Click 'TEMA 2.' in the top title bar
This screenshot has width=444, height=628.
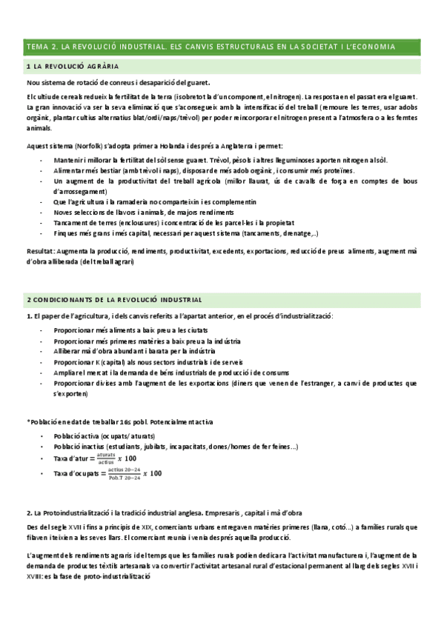click(42, 47)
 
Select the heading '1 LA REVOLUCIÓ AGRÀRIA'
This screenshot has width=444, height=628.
click(71, 67)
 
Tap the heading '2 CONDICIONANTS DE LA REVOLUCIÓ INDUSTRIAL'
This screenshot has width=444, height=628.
click(113, 300)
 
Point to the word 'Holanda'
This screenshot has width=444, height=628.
click(167, 146)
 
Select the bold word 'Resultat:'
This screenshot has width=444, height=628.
click(39, 252)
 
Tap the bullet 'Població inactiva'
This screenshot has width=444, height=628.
click(82, 447)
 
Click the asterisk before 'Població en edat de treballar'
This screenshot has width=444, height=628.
click(27, 421)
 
